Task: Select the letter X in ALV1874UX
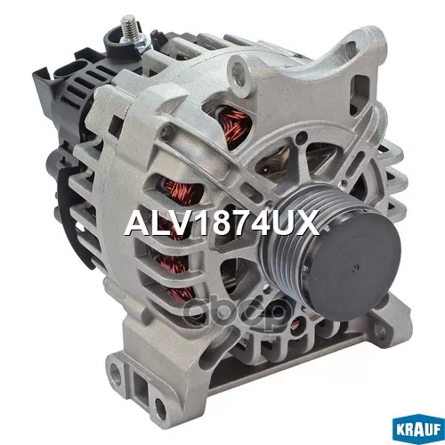click(x=308, y=222)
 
